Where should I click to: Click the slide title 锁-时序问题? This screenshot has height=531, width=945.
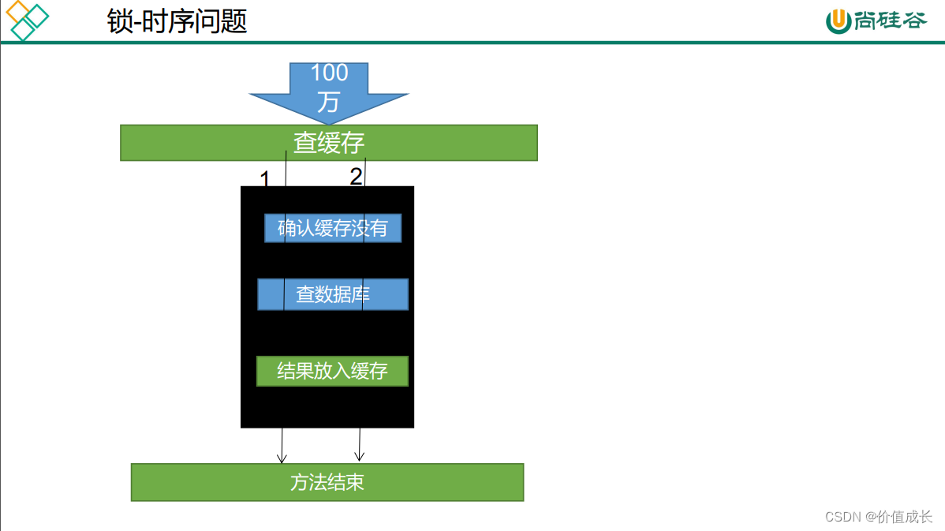point(177,21)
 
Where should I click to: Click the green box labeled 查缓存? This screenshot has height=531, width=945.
point(329,143)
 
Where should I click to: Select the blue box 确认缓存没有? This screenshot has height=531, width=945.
point(332,228)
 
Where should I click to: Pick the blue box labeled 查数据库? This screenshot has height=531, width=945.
point(332,294)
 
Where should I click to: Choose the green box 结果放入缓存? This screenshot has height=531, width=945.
point(332,371)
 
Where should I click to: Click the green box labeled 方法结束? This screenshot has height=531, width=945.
point(327,482)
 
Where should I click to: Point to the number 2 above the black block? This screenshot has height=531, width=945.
point(356,177)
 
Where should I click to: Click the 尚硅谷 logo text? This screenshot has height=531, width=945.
point(890,21)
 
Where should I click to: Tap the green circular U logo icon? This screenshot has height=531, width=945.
point(838,21)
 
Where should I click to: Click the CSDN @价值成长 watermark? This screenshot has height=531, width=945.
point(878,516)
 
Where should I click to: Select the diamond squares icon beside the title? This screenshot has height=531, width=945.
point(27,21)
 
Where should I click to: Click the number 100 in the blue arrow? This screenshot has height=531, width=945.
point(329,73)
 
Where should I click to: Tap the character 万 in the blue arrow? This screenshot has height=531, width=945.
point(328,101)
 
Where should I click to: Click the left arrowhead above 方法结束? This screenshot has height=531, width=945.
point(281,458)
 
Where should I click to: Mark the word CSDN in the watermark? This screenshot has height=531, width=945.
point(842,516)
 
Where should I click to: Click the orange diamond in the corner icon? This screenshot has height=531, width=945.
point(17,12)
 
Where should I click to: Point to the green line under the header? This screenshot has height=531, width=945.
point(472,43)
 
